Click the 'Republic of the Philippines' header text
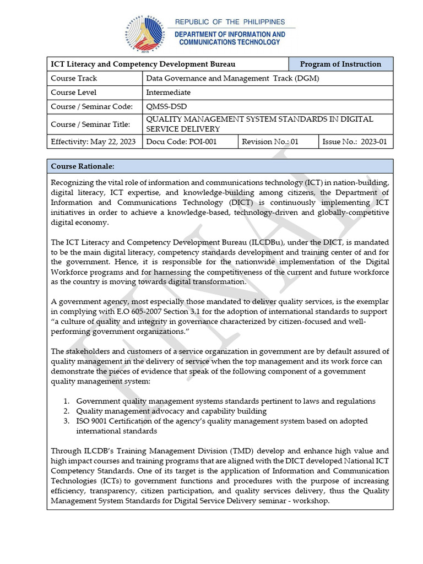(x=230, y=22)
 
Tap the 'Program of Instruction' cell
(x=340, y=64)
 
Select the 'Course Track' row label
(x=74, y=78)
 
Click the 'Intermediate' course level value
(x=168, y=93)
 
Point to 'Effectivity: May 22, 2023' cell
(x=93, y=142)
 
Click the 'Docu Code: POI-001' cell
(x=173, y=142)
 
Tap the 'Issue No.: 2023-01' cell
(x=355, y=142)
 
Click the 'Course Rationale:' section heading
(x=83, y=166)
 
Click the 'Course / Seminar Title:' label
(x=90, y=124)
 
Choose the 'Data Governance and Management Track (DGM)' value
(x=232, y=78)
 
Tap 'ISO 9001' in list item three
(x=92, y=421)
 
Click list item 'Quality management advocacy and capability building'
(x=171, y=411)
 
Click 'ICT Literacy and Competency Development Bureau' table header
(x=143, y=64)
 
